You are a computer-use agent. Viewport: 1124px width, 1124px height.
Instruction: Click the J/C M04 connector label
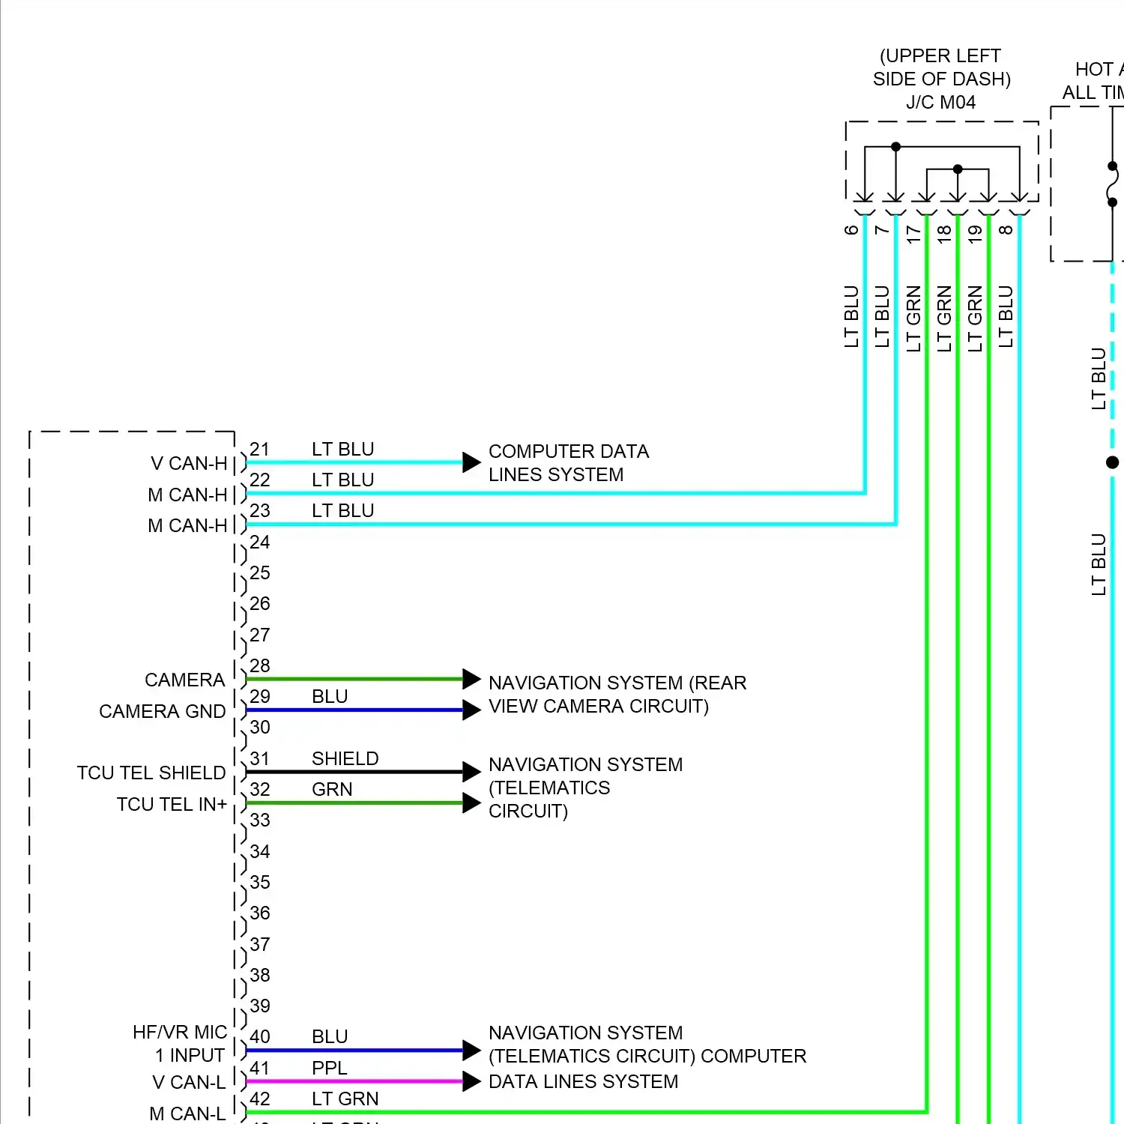940,103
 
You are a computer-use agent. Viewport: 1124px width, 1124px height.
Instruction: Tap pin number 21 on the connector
259,449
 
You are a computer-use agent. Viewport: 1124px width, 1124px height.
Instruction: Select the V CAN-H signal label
189,464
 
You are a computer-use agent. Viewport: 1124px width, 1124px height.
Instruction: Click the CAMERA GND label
162,711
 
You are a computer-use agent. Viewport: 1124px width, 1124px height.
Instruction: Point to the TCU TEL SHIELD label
151,773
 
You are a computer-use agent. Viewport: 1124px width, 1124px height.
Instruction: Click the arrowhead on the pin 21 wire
471,462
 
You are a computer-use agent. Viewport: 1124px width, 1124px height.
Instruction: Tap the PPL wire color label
330,1068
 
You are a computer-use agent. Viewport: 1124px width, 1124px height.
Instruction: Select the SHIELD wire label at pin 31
345,758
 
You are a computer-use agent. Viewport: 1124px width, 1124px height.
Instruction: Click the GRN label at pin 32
332,789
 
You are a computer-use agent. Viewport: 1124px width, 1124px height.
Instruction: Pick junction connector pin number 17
913,233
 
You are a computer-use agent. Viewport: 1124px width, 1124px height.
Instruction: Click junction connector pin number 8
1006,230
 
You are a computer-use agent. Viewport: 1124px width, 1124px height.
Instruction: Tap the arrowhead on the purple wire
471,1081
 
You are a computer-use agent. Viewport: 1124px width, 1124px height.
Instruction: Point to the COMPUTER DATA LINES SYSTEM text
568,463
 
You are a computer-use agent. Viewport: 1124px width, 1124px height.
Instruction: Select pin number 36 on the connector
260,913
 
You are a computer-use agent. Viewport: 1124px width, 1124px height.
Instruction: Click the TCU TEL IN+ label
172,804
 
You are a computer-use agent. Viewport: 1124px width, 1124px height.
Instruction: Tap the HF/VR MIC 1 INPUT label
180,1044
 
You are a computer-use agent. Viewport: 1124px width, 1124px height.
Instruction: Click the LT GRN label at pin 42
345,1099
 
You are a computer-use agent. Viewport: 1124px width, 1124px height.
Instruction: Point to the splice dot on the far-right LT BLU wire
1113,462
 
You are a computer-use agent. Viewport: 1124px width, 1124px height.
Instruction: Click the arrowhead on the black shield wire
471,772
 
